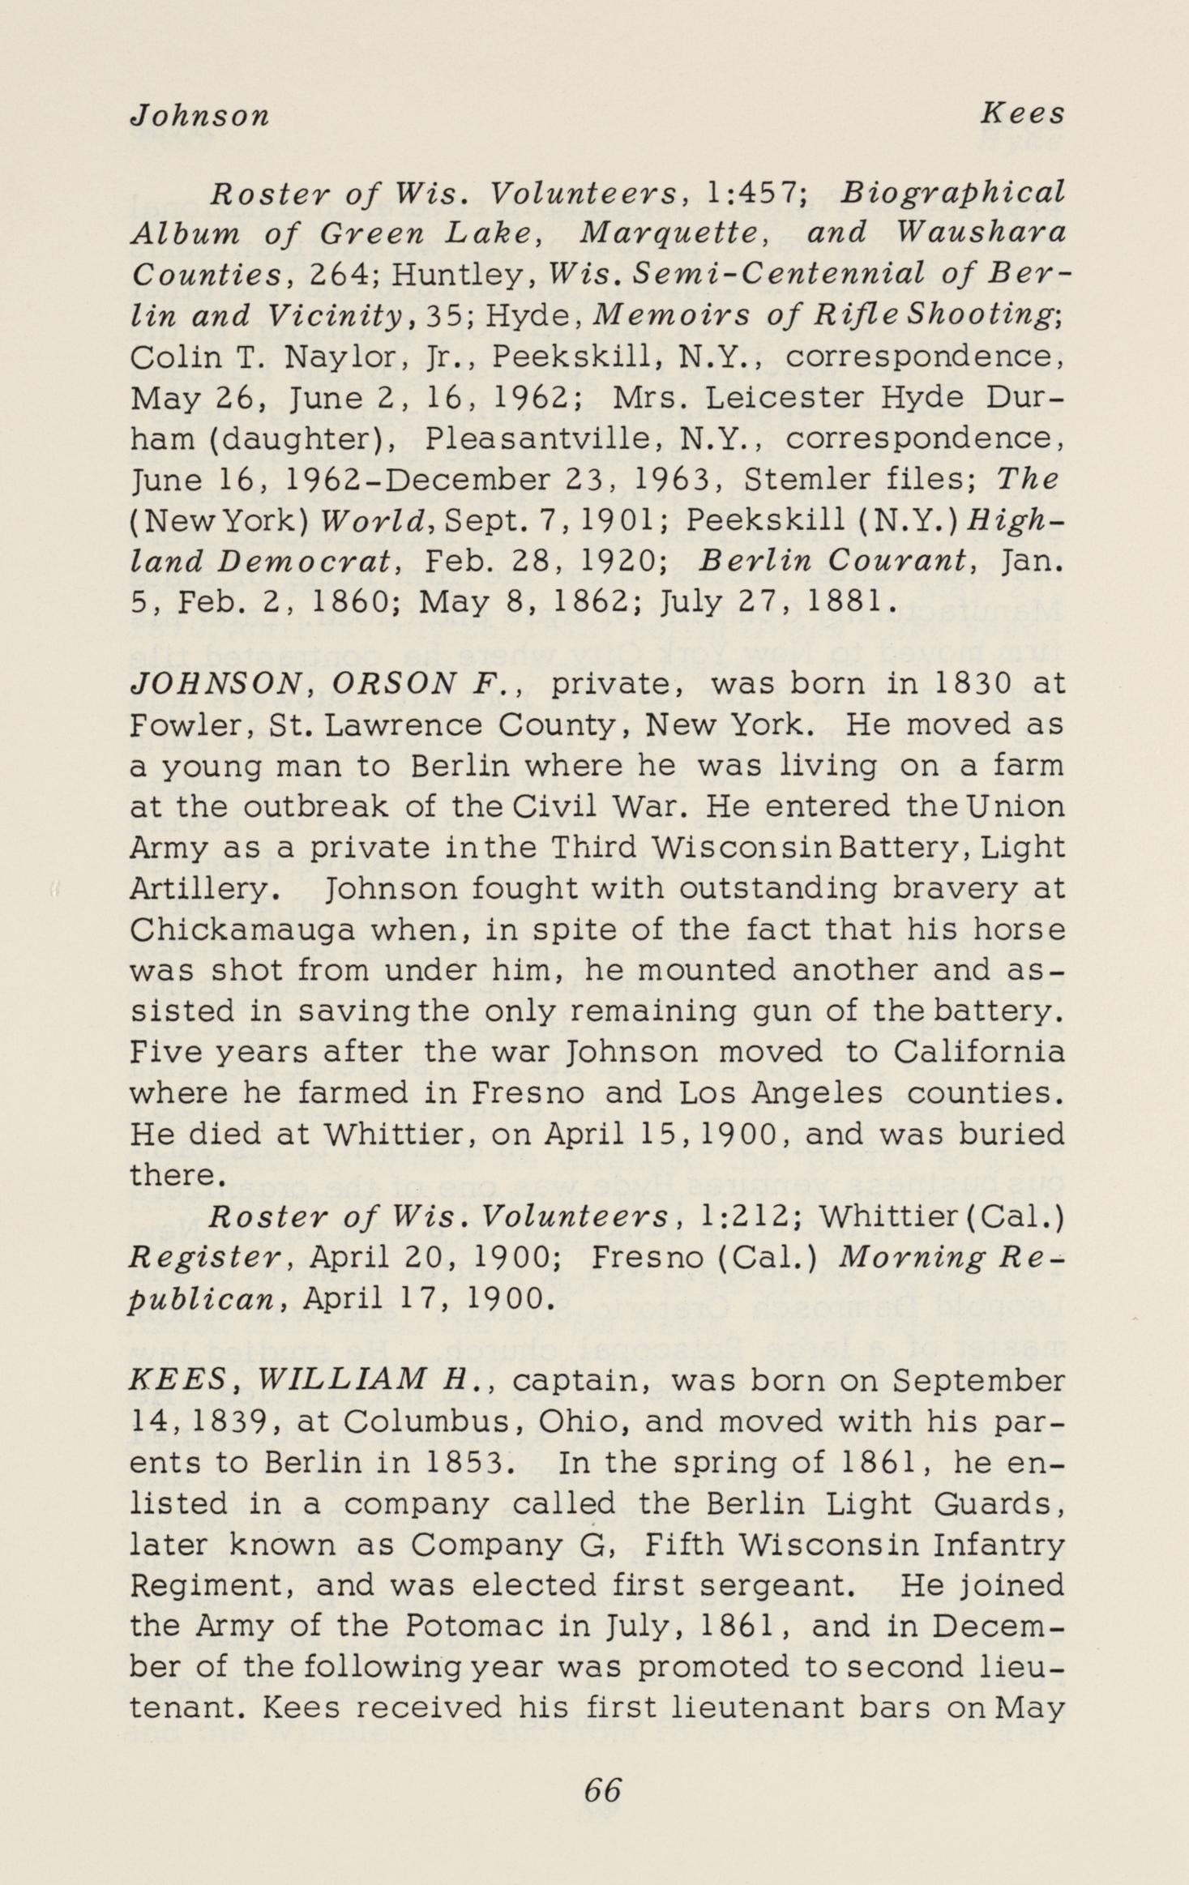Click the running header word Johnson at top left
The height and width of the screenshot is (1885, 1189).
pos(199,116)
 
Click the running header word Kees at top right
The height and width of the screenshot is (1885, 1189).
pos(1022,114)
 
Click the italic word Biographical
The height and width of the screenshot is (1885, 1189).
pos(952,194)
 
